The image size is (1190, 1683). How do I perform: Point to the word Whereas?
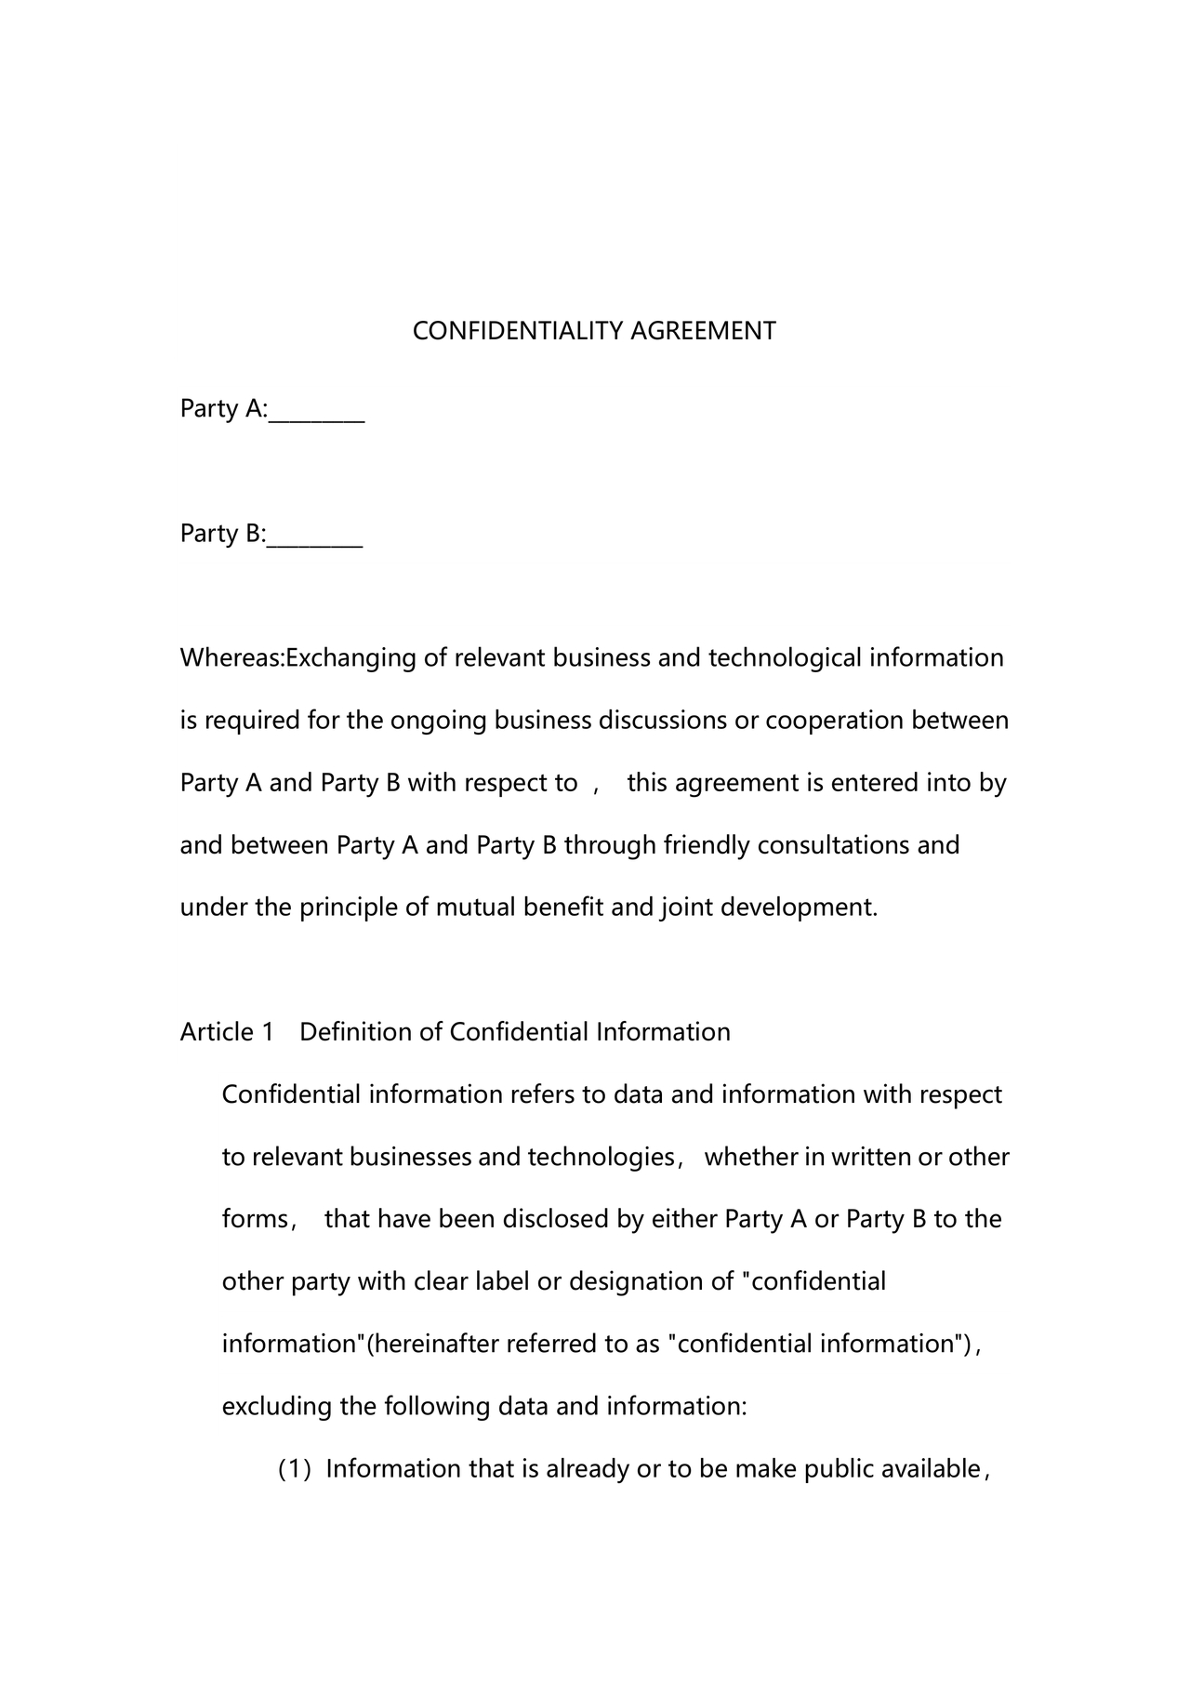click(x=230, y=658)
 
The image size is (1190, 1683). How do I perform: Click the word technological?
click(x=785, y=658)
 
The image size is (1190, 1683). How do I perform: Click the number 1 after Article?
click(x=268, y=1032)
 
